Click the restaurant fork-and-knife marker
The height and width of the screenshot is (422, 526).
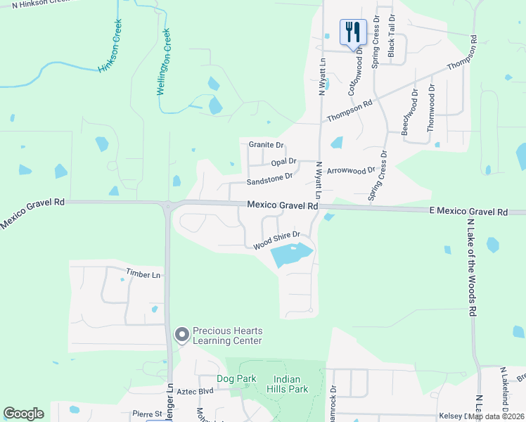click(352, 32)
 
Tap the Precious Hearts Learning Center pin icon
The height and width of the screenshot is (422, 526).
click(182, 335)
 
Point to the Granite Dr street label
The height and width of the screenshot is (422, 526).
click(266, 145)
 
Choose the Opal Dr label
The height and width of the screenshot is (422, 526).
click(283, 162)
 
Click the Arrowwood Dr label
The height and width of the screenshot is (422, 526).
click(352, 171)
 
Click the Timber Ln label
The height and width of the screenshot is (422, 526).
click(143, 273)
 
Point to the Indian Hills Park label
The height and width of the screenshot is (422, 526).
click(288, 384)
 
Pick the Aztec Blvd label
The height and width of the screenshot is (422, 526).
click(195, 391)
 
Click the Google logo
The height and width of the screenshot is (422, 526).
click(24, 414)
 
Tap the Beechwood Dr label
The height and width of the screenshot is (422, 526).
click(406, 110)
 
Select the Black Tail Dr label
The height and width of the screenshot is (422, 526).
click(392, 35)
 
